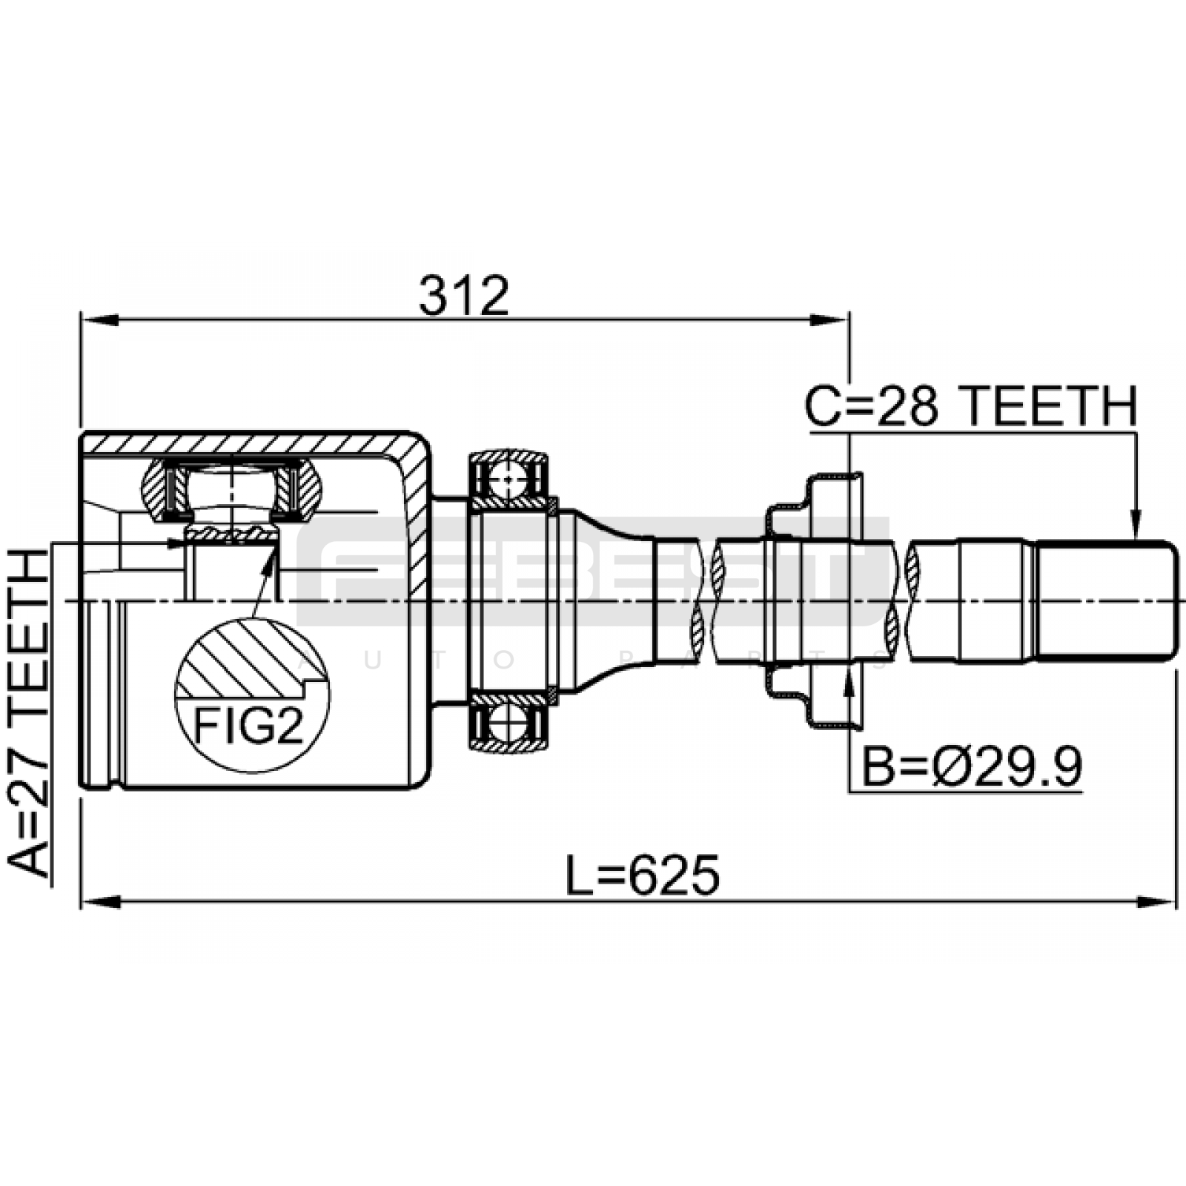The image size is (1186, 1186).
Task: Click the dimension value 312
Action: [464, 296]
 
